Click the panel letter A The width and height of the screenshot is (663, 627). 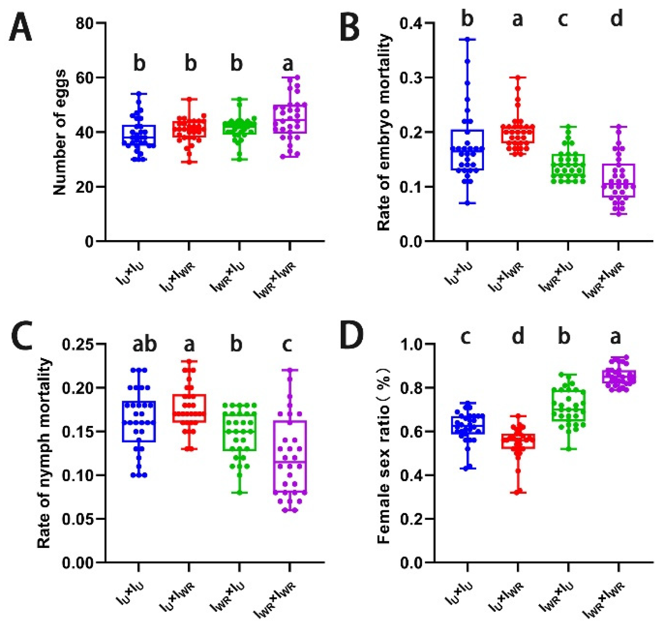(20, 28)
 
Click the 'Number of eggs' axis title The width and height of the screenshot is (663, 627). (60, 132)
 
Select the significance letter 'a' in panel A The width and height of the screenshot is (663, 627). (288, 64)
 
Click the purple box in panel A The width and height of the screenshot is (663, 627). (290, 119)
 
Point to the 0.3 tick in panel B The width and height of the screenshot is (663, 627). (411, 78)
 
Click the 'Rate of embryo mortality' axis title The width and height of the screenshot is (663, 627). (384, 132)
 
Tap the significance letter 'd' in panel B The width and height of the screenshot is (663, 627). (617, 18)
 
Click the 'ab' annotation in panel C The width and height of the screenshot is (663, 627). (145, 344)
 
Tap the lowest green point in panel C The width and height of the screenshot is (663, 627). (240, 493)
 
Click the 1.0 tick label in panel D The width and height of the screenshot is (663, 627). (411, 344)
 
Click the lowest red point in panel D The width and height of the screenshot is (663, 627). (518, 492)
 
